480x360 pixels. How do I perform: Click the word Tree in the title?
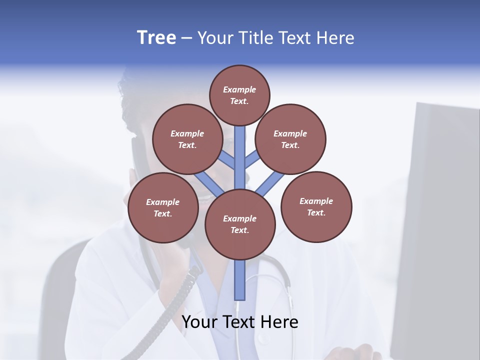(x=156, y=38)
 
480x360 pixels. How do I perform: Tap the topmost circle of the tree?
(x=239, y=95)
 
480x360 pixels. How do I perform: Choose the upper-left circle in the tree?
(x=187, y=139)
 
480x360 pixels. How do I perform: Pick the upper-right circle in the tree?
(x=290, y=139)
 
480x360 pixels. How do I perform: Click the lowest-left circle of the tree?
(x=163, y=207)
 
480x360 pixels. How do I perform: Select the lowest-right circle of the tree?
(x=316, y=206)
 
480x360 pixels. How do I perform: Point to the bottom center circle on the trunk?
(x=240, y=224)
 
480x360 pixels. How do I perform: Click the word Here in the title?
(x=336, y=38)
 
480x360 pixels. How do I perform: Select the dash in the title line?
(x=186, y=38)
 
